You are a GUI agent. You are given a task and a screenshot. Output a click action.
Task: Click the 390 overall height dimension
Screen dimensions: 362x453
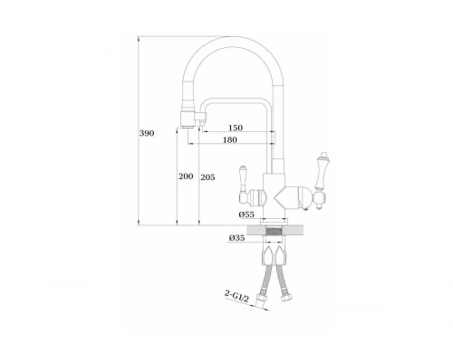(x=147, y=132)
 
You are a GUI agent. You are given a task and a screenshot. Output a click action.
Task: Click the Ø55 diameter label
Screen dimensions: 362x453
(x=246, y=214)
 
